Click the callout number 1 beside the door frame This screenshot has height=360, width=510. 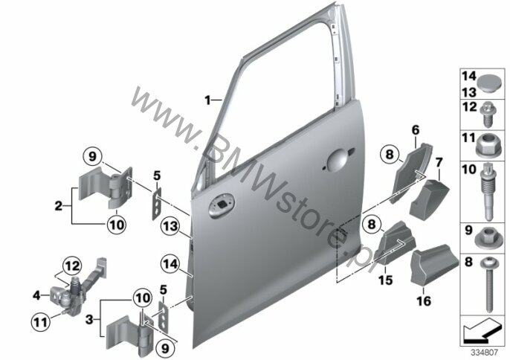click(207, 100)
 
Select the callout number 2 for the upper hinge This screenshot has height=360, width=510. click(59, 206)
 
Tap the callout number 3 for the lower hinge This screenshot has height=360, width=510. click(89, 319)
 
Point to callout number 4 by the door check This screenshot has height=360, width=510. click(36, 295)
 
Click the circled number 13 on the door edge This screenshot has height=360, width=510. click(171, 226)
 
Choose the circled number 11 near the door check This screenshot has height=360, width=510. click(41, 322)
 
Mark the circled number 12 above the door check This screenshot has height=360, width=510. click(72, 266)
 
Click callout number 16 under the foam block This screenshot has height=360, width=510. click(424, 300)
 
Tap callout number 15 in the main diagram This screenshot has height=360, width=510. click(386, 280)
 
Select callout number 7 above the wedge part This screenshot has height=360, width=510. click(439, 161)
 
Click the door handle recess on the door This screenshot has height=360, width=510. click(338, 160)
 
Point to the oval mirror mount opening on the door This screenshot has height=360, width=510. click(222, 205)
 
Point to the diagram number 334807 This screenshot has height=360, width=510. click(484, 352)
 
